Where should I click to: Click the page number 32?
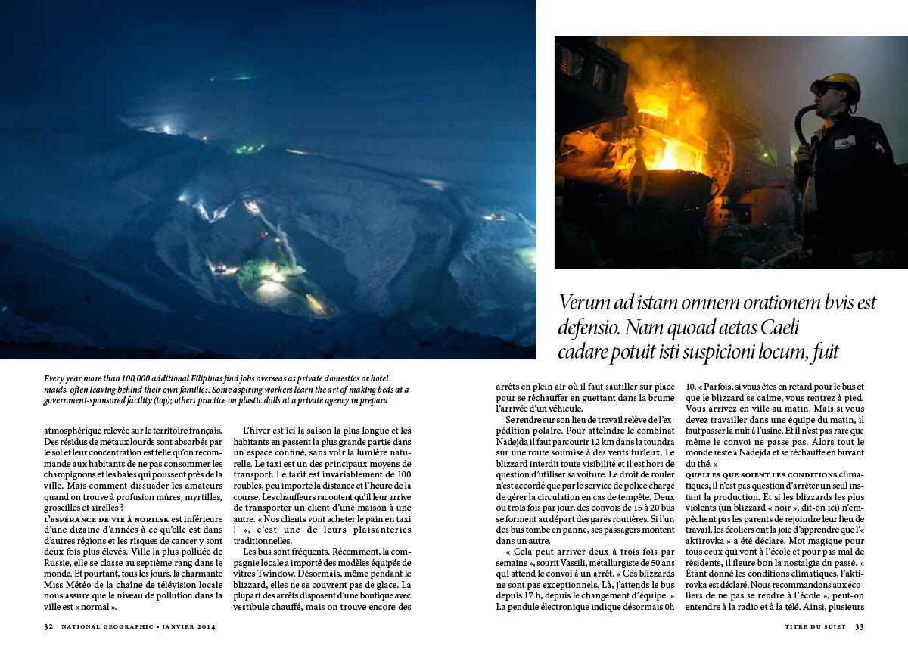click(48, 626)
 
